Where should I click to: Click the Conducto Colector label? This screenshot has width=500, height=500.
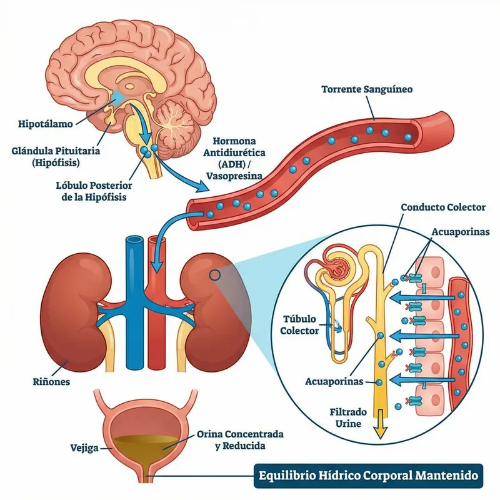pyautogui.click(x=442, y=207)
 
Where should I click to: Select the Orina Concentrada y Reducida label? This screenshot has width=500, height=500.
pyautogui.click(x=240, y=439)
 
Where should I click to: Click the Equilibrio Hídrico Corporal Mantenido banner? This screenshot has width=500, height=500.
pyautogui.click(x=370, y=476)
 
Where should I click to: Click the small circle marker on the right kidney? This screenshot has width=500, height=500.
pyautogui.click(x=214, y=274)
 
